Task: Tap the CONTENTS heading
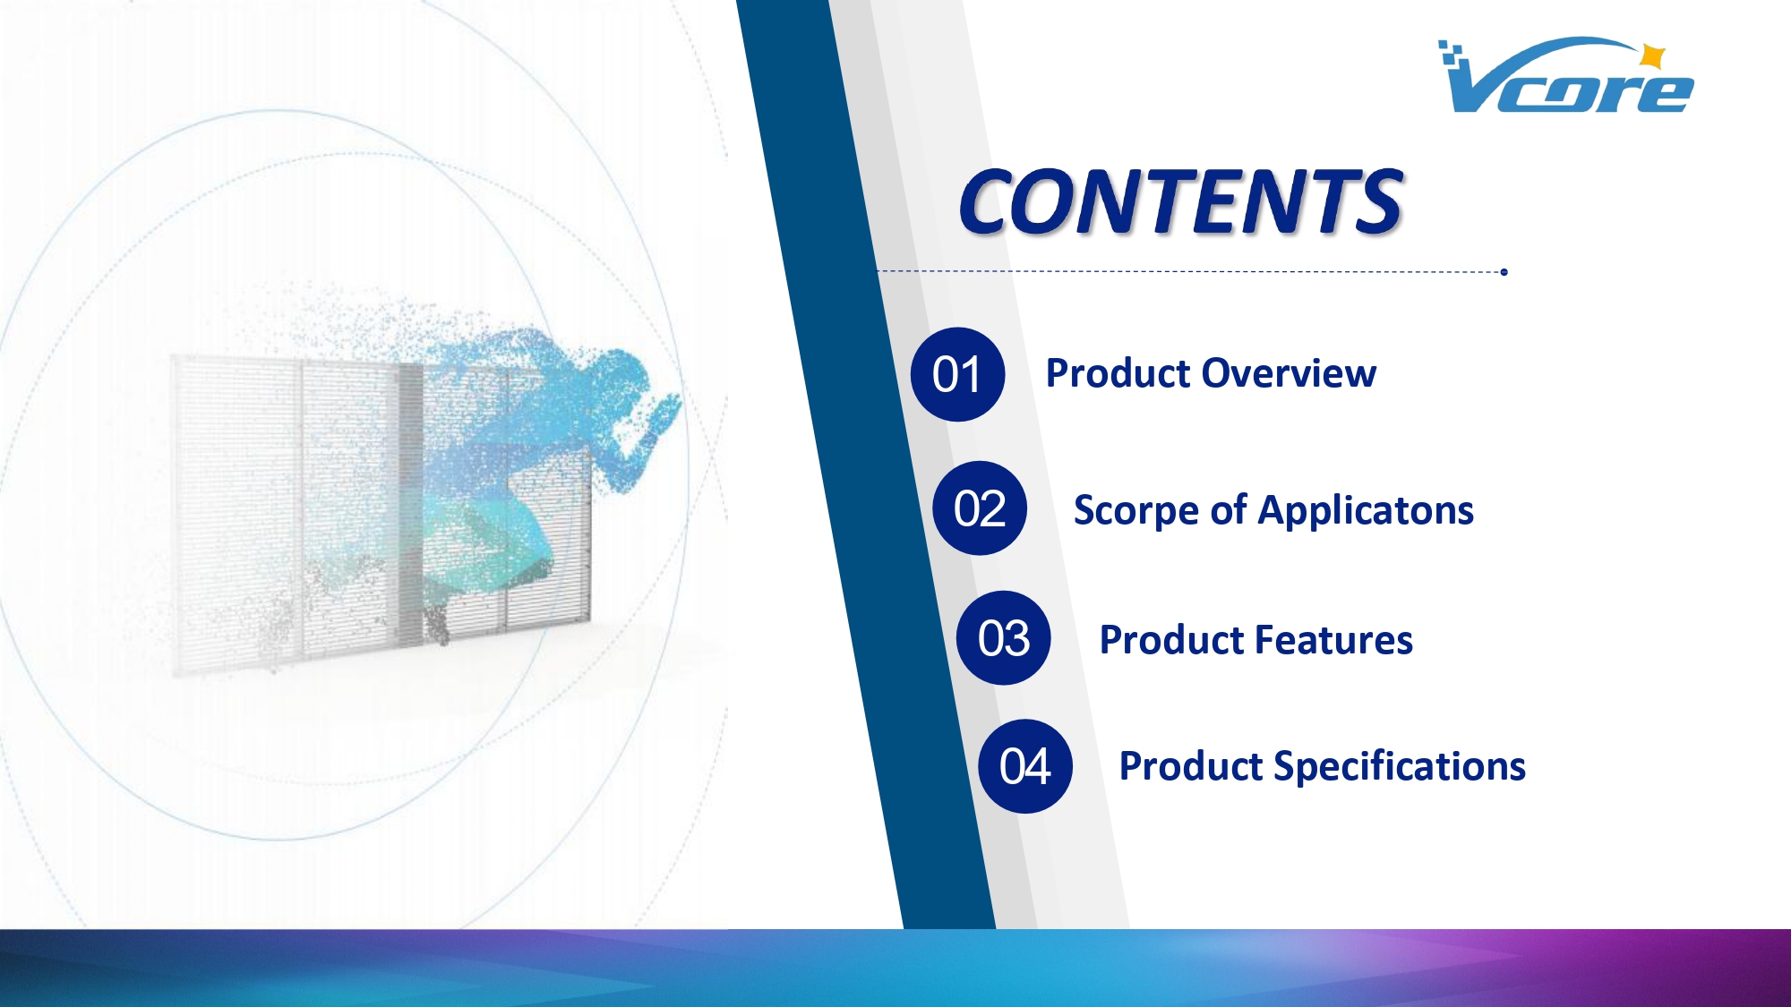coord(1180,202)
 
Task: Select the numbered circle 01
coord(957,374)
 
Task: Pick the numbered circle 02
coord(980,508)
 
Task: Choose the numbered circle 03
coord(1004,638)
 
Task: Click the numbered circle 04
coord(1025,766)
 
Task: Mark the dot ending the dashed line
coord(1504,272)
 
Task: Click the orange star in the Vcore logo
coord(1652,56)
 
